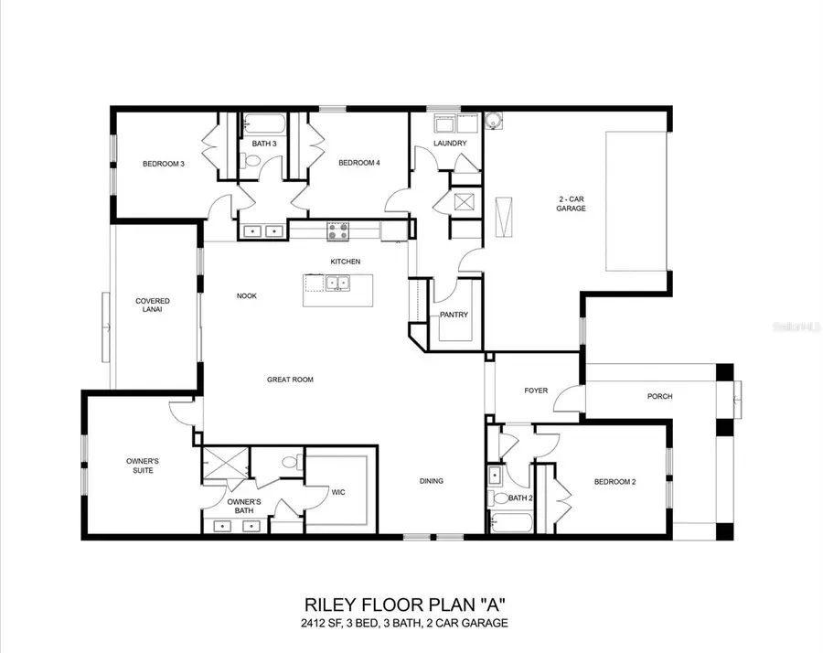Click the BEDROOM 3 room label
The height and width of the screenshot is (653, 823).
(164, 164)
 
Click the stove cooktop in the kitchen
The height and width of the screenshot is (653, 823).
(337, 231)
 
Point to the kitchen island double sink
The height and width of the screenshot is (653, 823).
(338, 283)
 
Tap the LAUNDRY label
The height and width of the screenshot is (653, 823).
(450, 144)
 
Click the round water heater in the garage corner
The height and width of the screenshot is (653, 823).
(494, 119)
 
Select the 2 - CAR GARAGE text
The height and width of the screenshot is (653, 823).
(572, 203)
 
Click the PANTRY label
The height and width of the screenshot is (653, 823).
(454, 316)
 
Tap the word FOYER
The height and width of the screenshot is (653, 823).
(536, 391)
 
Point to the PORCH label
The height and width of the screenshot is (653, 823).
(659, 396)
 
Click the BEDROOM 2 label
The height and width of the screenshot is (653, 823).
(615, 481)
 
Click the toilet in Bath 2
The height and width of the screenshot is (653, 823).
(496, 498)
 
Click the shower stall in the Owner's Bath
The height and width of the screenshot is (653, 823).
(225, 464)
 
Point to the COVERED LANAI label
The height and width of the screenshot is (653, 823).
(153, 305)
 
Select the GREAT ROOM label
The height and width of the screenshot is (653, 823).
(290, 380)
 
